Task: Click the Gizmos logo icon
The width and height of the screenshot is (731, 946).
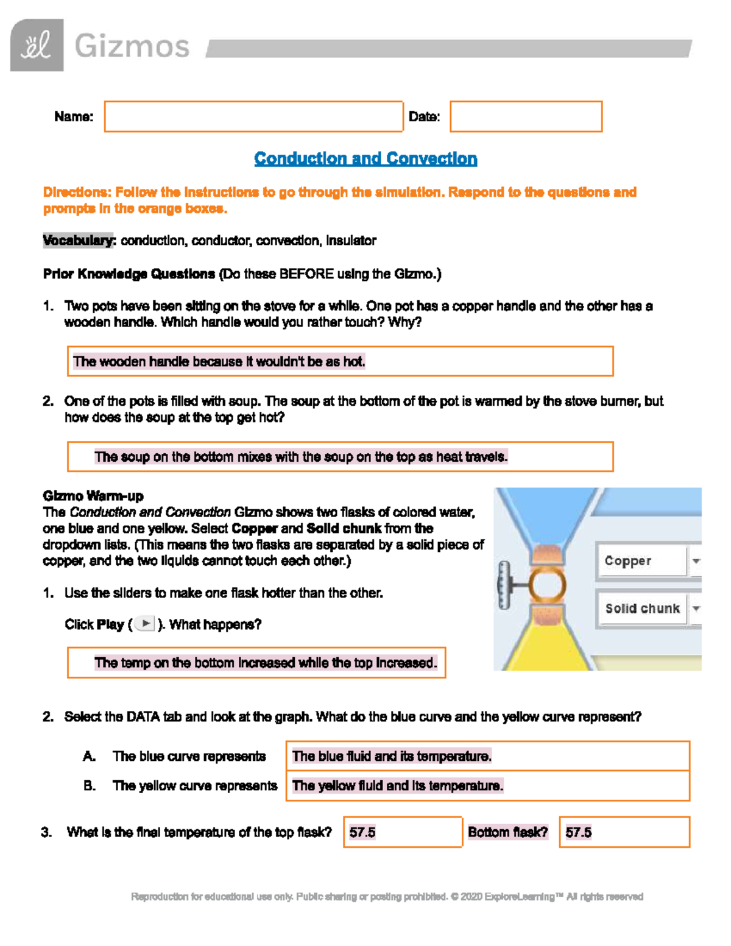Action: [37, 46]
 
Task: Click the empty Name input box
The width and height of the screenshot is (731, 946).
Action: [253, 116]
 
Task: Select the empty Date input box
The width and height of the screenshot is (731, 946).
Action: [526, 116]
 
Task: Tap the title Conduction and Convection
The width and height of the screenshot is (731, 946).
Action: [365, 159]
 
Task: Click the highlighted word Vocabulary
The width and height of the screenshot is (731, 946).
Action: [79, 241]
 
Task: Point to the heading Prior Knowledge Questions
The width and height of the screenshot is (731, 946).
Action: [129, 274]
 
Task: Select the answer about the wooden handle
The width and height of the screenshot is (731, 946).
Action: [219, 362]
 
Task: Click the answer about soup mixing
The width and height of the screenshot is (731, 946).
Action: [301, 457]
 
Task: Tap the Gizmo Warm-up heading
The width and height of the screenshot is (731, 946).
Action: [93, 496]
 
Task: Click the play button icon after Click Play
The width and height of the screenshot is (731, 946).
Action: [146, 624]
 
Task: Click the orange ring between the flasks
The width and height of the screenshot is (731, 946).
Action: [547, 585]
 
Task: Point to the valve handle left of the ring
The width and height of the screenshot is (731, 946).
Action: [504, 585]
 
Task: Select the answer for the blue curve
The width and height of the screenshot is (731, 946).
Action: [392, 757]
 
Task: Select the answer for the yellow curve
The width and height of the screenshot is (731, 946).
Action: [398, 786]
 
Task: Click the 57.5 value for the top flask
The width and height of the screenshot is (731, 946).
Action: [362, 833]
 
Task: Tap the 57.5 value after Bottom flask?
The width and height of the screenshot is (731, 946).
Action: [578, 833]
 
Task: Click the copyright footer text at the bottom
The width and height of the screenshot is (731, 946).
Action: [387, 897]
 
